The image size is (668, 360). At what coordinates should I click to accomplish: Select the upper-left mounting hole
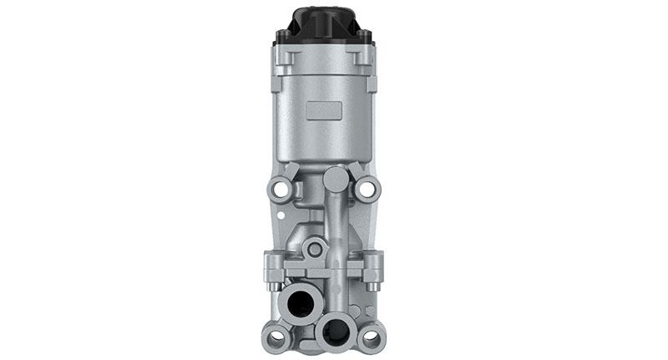[x=282, y=189]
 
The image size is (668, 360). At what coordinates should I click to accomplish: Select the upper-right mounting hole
[x=367, y=189]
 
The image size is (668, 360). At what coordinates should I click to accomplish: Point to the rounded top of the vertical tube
[x=333, y=176]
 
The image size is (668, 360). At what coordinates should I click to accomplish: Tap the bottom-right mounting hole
[x=369, y=337]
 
